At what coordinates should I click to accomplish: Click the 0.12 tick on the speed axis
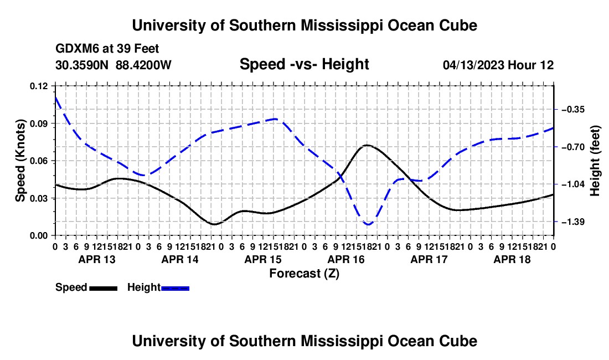38,86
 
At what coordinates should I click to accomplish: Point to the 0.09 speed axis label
38,124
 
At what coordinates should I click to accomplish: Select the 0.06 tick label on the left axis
38,161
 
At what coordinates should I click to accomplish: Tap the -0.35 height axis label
573,110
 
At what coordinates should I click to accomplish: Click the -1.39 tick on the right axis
573,222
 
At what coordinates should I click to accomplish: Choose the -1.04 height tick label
573,184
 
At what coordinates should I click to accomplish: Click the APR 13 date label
97,259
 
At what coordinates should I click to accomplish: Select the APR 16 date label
346,259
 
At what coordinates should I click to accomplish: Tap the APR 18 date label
512,259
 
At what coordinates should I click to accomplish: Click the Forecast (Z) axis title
304,274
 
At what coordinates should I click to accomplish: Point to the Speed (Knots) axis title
20,161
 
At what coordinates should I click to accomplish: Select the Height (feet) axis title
595,161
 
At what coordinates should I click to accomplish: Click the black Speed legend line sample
104,289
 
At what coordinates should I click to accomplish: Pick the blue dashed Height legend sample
175,289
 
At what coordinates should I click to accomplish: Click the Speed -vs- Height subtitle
304,64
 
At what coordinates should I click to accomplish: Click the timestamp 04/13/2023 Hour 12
498,65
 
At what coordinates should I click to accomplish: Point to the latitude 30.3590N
82,65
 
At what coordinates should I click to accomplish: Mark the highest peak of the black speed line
367,145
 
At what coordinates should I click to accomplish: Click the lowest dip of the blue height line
368,224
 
